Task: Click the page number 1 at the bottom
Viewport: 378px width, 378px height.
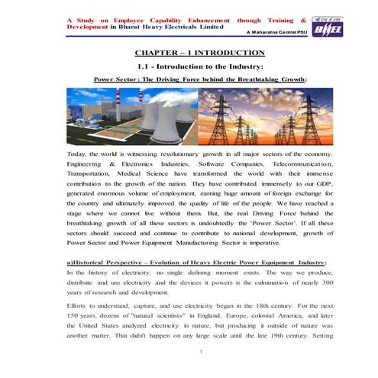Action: pyautogui.click(x=200, y=351)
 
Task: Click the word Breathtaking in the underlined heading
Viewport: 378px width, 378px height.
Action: pyautogui.click(x=255, y=79)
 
